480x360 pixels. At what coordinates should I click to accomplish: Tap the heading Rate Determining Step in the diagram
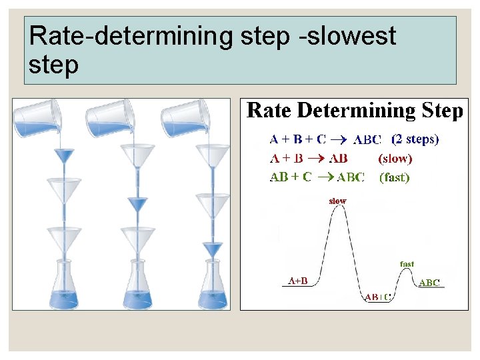[354, 111]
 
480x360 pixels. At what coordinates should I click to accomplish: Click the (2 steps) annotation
[415, 139]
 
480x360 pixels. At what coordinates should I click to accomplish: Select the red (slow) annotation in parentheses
[395, 159]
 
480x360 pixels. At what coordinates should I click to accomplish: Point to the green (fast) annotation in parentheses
[394, 177]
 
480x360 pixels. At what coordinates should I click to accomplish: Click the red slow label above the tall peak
[338, 201]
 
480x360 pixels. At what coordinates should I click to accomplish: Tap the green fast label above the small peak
[407, 264]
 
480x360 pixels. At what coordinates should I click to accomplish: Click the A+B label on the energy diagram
[297, 281]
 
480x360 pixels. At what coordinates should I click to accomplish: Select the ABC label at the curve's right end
[430, 283]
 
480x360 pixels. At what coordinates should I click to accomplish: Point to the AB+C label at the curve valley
[377, 297]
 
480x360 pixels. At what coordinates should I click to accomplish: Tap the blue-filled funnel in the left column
[65, 157]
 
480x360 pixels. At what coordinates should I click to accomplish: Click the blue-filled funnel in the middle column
[139, 203]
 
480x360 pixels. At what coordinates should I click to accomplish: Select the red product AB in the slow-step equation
[338, 159]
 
